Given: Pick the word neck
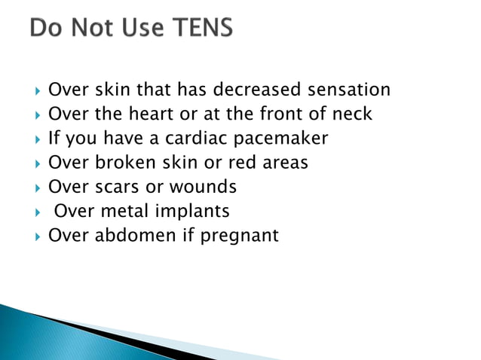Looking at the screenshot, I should [354, 114].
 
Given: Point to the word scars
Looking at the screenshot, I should [114, 187].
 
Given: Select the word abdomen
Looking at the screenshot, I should [131, 236].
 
